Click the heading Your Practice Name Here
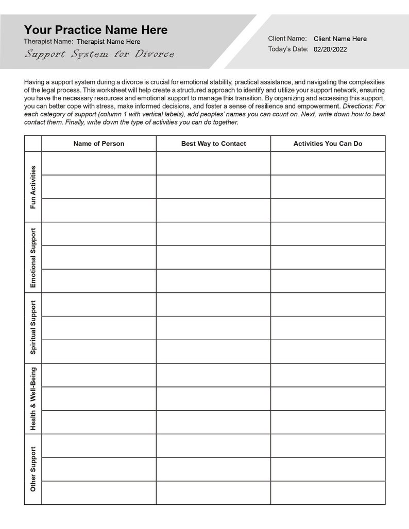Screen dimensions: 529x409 pos(96,30)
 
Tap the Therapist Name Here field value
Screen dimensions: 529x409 pos(108,42)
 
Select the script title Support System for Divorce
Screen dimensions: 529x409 pos(99,54)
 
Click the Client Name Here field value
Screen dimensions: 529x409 pos(340,39)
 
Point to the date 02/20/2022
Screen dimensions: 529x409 pos(330,49)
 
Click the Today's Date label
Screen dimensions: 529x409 pos(288,49)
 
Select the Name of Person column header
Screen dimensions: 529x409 pos(99,144)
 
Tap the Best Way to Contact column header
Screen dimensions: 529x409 pos(213,144)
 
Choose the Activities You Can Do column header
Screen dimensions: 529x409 pos(328,144)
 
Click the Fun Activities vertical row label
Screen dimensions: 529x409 pos(33,187)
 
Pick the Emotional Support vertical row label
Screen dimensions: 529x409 pos(33,257)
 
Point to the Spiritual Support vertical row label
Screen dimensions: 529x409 pos(33,328)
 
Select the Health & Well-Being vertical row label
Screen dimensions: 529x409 pos(33,398)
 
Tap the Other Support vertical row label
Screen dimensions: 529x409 pos(33,469)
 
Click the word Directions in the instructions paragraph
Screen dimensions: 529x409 pos(359,106)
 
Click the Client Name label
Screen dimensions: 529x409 pos(287,39)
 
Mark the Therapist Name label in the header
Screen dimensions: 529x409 pos(48,41)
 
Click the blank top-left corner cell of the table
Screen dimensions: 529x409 pos(33,144)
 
